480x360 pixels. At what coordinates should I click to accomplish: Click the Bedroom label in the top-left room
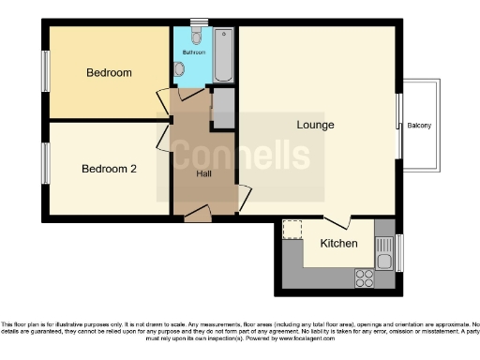(109, 72)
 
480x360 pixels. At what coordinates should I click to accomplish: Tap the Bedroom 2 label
(109, 169)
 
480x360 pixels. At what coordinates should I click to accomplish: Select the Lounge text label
(315, 125)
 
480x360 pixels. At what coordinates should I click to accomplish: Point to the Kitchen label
(338, 244)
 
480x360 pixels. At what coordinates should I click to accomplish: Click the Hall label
(203, 173)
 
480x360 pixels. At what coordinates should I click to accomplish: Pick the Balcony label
(419, 127)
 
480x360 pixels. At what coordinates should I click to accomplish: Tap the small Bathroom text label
(194, 53)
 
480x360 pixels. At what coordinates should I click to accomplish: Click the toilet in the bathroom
(196, 36)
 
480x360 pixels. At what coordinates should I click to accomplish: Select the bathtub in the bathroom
(225, 54)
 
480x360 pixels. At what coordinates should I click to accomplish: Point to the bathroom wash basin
(179, 69)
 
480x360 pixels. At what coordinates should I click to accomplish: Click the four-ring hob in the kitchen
(363, 277)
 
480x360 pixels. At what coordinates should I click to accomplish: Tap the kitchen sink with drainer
(384, 249)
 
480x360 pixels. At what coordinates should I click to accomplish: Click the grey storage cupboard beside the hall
(223, 110)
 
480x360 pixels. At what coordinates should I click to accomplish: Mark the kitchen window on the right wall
(400, 250)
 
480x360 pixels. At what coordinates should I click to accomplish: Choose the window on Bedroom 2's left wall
(44, 165)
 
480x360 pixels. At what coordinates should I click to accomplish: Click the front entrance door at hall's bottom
(197, 217)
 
